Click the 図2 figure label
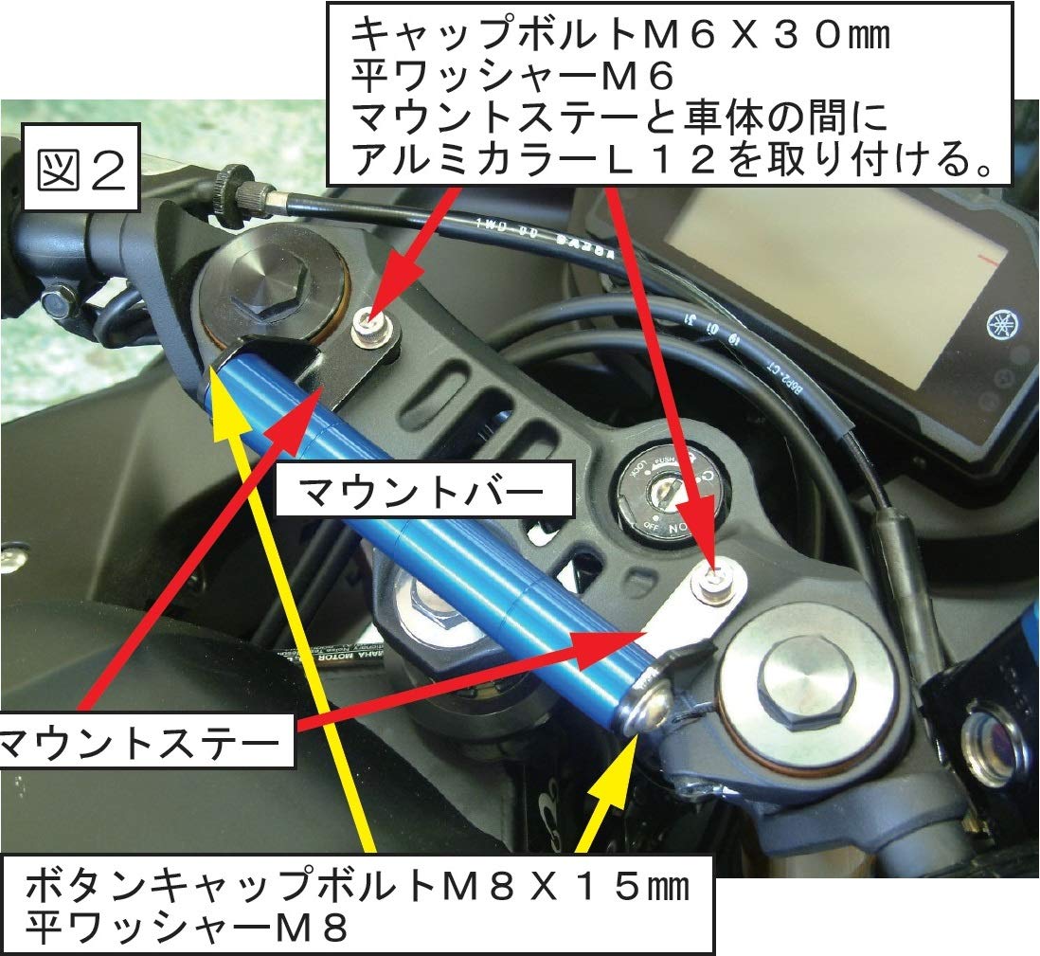81,168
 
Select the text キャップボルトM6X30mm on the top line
620,35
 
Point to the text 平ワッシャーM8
186,926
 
